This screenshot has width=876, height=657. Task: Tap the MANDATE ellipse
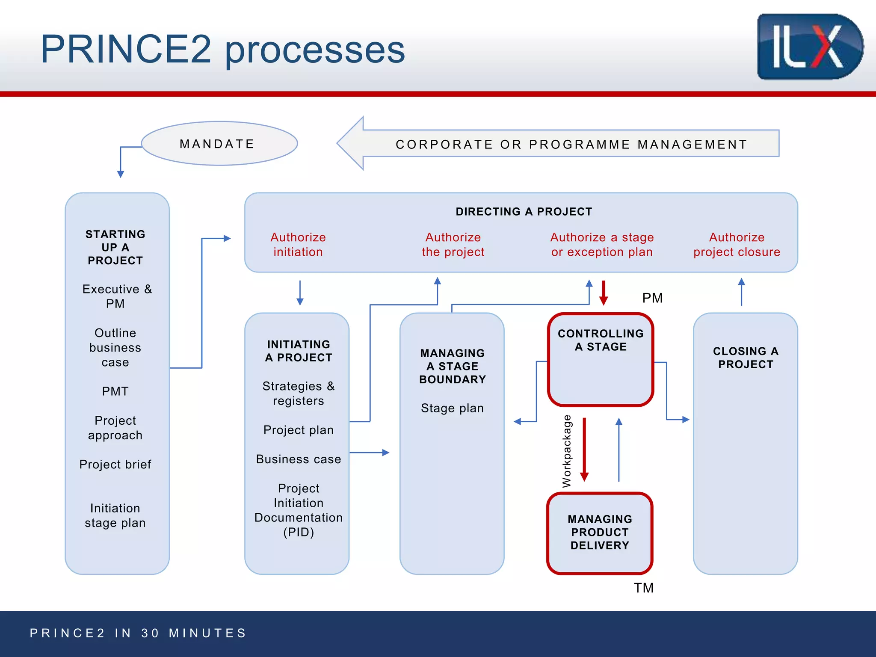[219, 144]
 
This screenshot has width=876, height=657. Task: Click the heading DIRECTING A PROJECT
[524, 212]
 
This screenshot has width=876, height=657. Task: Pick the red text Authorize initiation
[298, 245]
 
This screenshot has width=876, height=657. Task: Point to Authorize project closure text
[737, 245]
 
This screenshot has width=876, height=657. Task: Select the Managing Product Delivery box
[600, 533]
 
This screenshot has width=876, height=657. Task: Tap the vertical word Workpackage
[567, 451]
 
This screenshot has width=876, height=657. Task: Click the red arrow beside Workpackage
[584, 449]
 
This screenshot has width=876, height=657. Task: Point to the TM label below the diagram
[643, 588]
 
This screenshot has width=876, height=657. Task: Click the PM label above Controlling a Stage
[652, 298]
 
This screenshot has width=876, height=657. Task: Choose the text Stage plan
[452, 408]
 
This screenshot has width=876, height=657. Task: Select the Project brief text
[115, 464]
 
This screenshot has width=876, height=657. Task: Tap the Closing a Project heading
[746, 358]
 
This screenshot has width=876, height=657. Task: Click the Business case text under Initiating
[299, 459]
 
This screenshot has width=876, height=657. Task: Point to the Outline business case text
[115, 347]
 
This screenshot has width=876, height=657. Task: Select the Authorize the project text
[453, 245]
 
